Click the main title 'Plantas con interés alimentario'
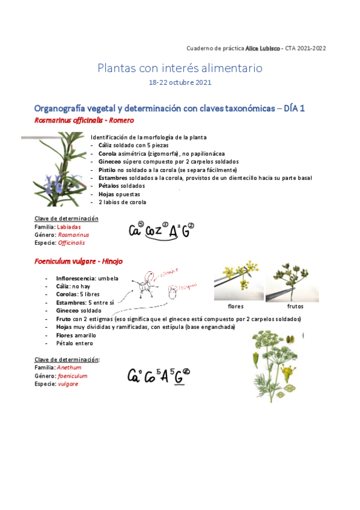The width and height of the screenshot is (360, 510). (x=180, y=68)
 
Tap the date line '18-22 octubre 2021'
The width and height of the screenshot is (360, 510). (x=180, y=82)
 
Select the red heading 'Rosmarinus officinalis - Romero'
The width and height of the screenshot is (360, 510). (x=85, y=120)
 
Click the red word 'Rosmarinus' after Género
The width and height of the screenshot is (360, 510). (x=73, y=235)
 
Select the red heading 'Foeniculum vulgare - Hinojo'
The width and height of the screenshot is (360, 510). (x=79, y=262)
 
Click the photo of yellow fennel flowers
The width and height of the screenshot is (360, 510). (x=238, y=283)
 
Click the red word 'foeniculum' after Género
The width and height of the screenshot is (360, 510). (x=73, y=375)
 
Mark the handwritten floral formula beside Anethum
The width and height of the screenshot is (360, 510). (x=159, y=376)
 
